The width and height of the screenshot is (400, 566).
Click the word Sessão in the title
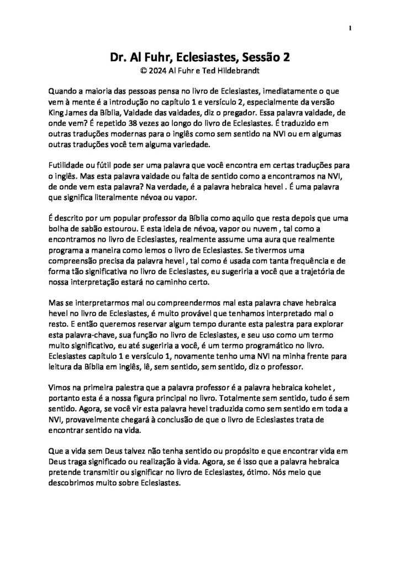(267, 57)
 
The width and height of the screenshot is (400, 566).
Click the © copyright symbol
(145, 70)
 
